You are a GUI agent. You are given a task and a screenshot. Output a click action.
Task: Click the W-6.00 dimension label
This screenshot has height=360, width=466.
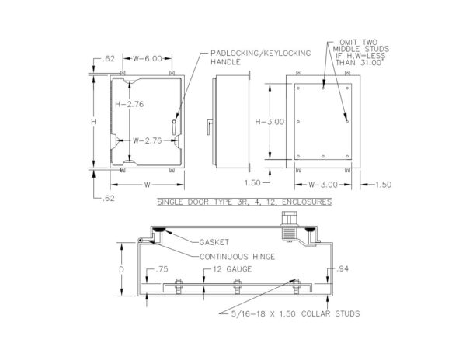point(148,58)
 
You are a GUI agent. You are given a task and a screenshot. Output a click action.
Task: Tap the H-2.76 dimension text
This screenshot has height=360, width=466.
point(129,104)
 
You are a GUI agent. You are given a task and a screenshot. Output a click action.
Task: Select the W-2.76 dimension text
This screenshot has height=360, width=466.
point(147,140)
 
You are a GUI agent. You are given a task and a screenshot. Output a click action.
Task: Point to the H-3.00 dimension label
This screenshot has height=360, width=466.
point(270,122)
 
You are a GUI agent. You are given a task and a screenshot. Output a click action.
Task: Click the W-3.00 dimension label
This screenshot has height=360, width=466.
point(323,185)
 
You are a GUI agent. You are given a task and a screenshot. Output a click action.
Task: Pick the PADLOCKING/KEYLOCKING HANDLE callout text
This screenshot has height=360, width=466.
point(261,57)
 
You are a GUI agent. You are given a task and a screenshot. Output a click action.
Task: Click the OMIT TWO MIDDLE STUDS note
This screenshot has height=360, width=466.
point(361,53)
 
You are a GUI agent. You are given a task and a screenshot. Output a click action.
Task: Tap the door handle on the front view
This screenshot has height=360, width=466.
point(174,126)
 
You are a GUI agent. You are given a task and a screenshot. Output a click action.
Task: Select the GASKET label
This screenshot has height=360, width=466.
point(214,242)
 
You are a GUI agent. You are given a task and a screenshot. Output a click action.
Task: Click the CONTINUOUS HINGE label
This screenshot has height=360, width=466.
point(237,257)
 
